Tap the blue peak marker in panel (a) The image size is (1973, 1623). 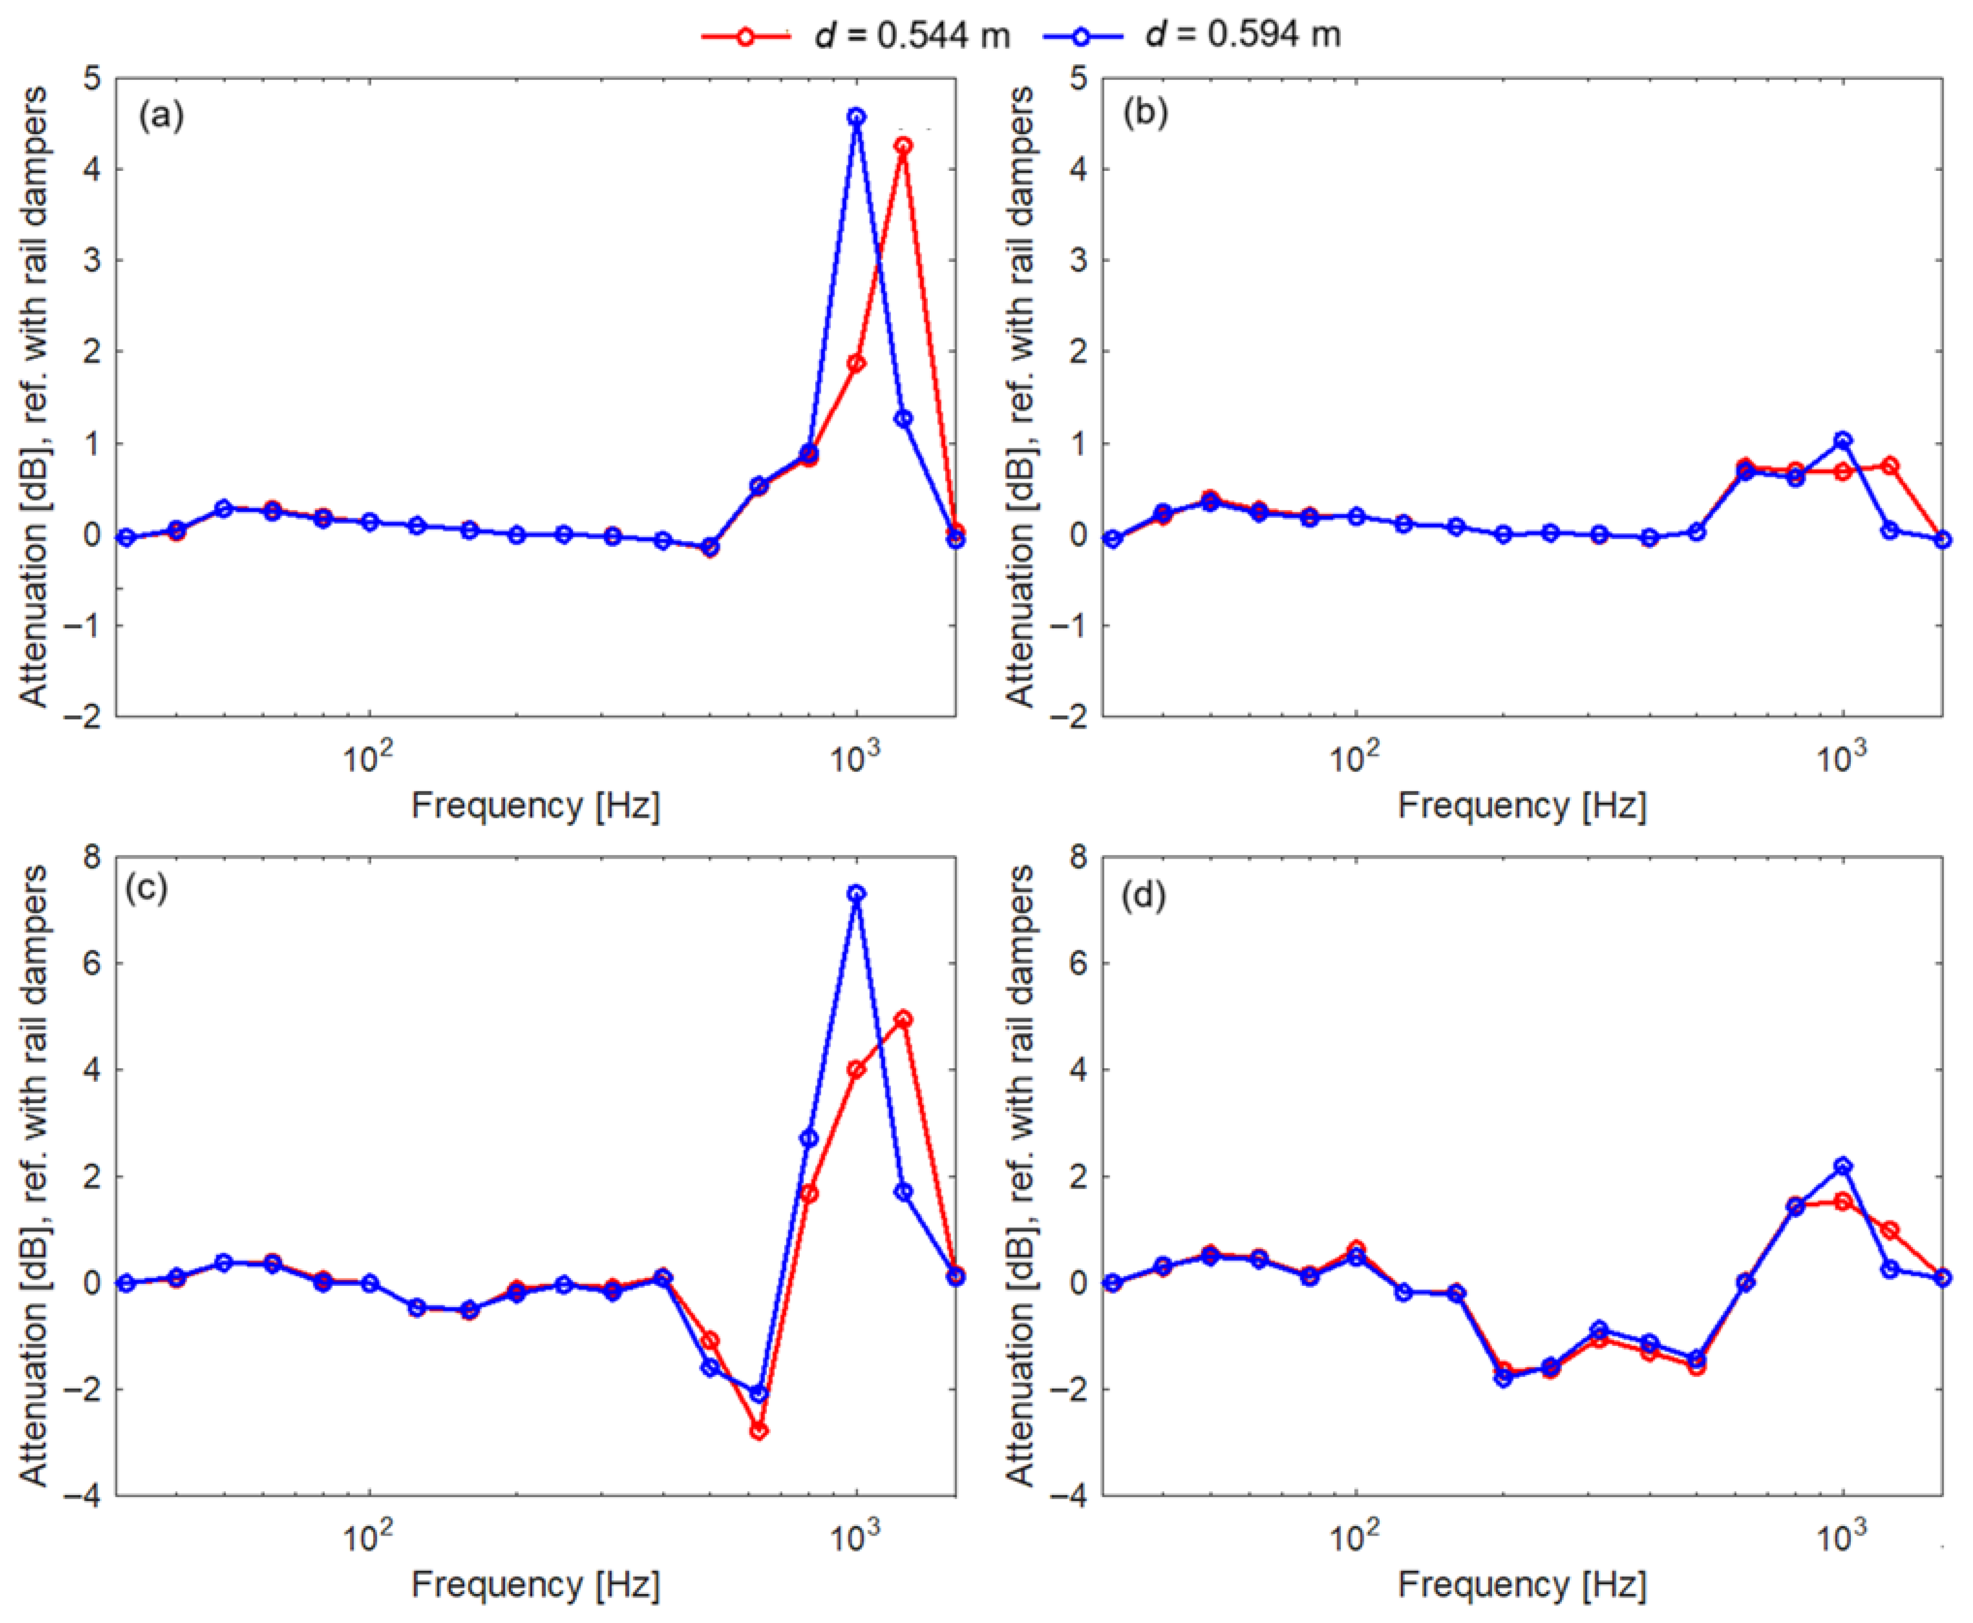pos(856,117)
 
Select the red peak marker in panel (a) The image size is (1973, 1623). pos(903,146)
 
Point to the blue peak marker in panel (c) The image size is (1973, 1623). pos(856,894)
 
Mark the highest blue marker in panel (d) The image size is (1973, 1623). pos(1842,1166)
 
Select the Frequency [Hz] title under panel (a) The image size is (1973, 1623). pos(535,805)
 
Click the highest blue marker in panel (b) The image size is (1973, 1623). pos(1842,440)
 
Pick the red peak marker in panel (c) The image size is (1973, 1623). pos(903,1018)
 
